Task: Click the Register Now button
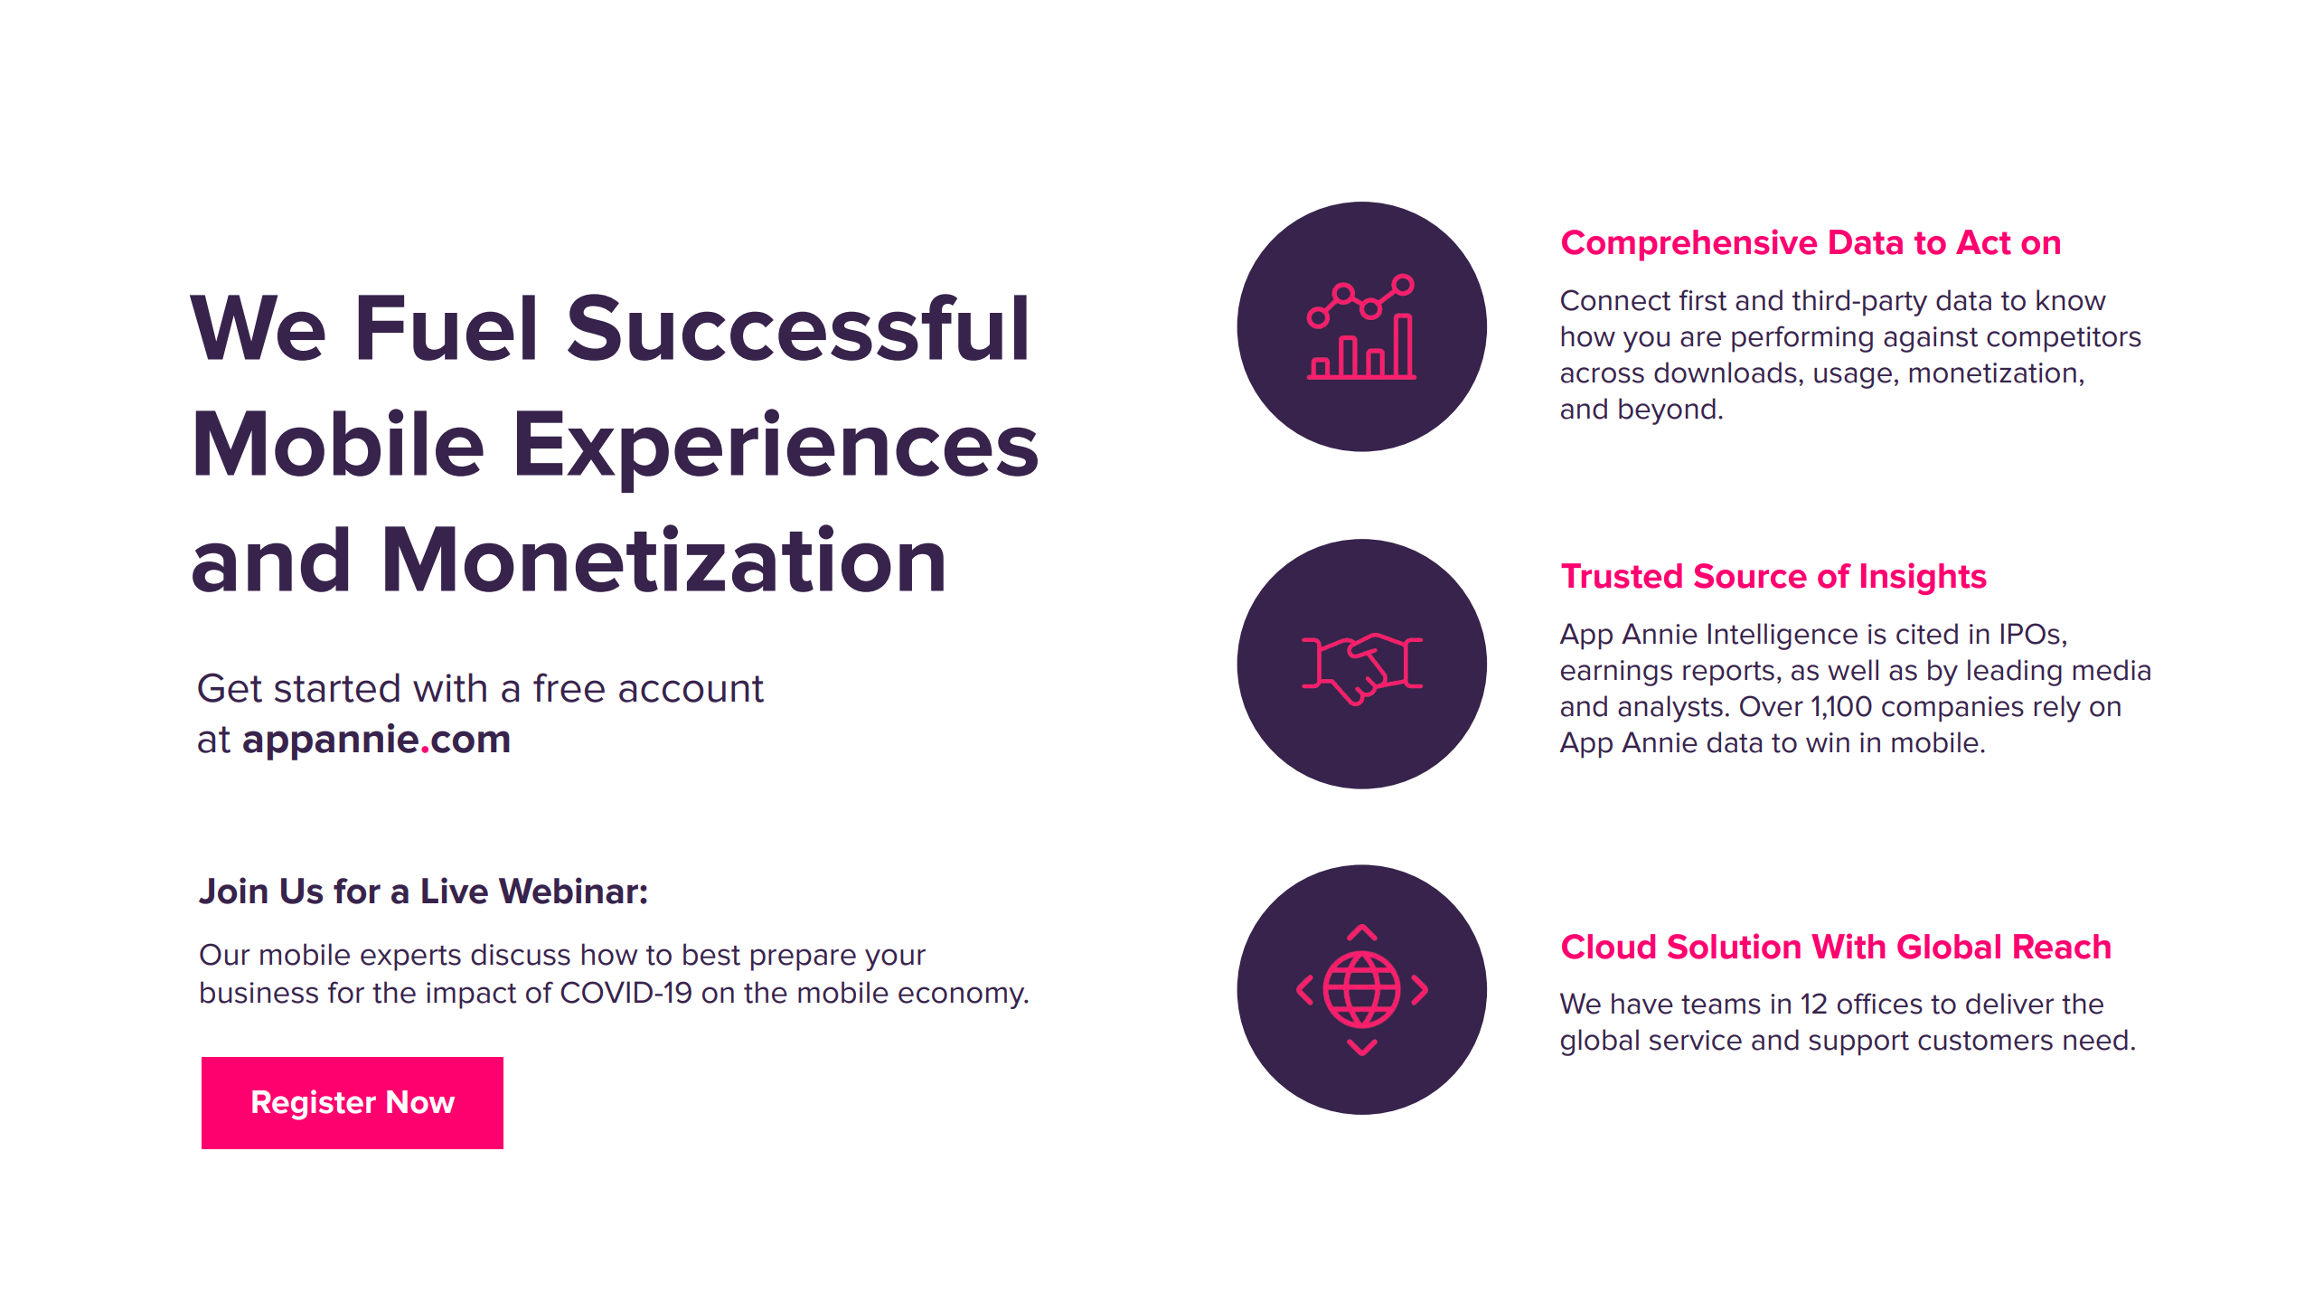[353, 1102]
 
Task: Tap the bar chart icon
[1361, 326]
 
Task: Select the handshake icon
[1361, 667]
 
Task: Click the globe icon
[1361, 990]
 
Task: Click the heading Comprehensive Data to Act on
[1811, 242]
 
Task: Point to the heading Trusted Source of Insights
[1773, 577]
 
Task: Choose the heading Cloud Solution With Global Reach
[1836, 947]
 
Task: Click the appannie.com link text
[376, 741]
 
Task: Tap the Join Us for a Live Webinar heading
[424, 892]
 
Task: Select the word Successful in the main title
[798, 329]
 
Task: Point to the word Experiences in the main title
[776, 447]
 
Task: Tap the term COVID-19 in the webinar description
[626, 993]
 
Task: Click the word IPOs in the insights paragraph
[2032, 635]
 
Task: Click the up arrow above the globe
[1362, 932]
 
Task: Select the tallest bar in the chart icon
[1404, 345]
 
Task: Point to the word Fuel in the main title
[447, 329]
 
